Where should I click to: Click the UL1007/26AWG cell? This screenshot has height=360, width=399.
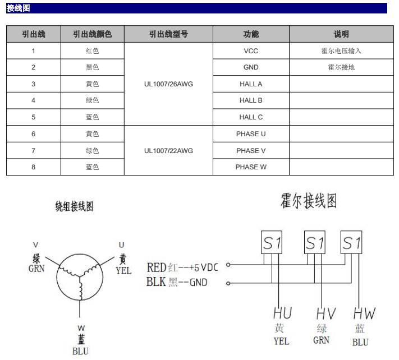168,84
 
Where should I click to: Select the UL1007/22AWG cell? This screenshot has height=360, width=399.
168,150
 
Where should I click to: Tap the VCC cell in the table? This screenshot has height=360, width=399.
251,51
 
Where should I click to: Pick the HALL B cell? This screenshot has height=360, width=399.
251,100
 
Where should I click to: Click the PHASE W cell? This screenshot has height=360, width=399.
251,167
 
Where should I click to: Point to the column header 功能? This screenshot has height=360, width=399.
251,34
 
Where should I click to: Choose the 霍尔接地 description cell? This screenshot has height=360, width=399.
341,67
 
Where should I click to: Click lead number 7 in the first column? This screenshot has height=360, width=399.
33,150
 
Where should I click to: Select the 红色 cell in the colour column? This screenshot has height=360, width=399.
93,51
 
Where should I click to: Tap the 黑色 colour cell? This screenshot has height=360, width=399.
93,67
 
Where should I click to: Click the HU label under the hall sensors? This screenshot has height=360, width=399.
282,313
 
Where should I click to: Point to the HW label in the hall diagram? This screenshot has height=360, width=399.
364,313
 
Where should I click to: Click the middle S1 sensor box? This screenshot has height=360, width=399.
315,242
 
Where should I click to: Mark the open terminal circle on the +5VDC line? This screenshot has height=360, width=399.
228,265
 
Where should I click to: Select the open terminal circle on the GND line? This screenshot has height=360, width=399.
228,283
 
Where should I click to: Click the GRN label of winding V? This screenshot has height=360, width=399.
36,269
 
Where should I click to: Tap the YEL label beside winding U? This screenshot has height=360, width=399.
123,270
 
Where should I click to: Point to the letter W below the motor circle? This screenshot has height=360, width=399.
81,328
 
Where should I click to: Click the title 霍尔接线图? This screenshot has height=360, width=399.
309,201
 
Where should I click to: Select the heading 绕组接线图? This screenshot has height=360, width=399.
74,206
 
